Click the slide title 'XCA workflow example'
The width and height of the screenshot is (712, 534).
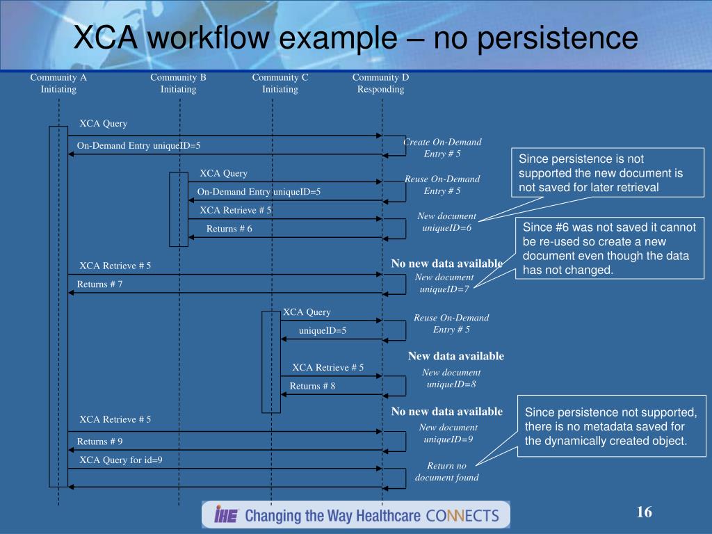[355, 38]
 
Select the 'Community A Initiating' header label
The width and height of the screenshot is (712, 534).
[58, 83]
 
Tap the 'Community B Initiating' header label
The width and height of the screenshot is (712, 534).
[178, 83]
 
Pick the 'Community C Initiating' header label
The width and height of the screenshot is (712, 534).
[280, 83]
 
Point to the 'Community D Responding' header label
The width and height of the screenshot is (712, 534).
[380, 83]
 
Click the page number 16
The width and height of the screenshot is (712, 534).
[644, 512]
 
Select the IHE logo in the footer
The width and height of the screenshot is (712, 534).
[227, 515]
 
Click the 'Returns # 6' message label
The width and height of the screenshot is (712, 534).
[229, 229]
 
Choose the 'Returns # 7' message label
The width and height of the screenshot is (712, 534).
[99, 284]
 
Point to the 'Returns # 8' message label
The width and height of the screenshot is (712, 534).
[312, 386]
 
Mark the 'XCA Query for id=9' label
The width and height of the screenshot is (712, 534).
[121, 460]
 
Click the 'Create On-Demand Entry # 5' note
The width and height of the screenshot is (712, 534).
[442, 147]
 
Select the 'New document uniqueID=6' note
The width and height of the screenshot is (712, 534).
[446, 222]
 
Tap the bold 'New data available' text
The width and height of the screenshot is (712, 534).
[455, 356]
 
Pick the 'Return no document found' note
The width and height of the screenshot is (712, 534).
[446, 471]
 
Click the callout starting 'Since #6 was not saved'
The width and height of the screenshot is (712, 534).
[610, 248]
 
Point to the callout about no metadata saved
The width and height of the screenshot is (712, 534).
[610, 426]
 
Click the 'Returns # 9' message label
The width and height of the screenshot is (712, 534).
[99, 442]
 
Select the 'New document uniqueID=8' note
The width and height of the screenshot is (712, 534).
[451, 378]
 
